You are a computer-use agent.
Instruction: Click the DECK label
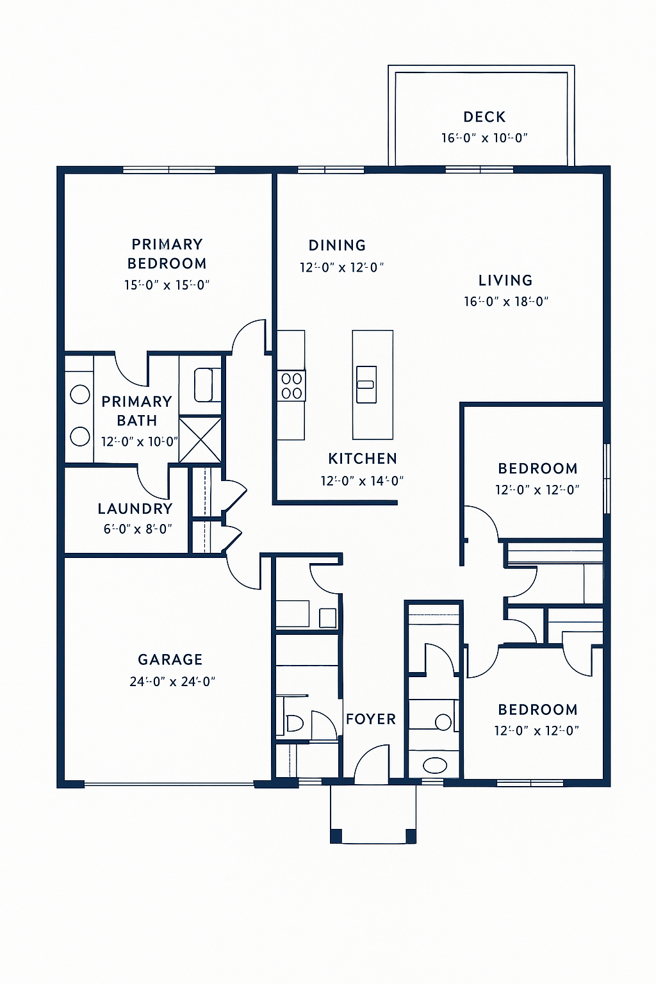tap(484, 117)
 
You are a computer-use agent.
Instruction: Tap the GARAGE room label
tap(170, 659)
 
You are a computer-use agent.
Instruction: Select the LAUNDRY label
tap(135, 509)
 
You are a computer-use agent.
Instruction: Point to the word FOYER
tap(371, 719)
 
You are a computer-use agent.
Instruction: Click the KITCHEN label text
tap(363, 459)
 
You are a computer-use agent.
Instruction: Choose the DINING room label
tap(337, 245)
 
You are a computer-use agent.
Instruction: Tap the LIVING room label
tap(505, 280)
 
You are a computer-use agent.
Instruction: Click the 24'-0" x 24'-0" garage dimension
tap(172, 682)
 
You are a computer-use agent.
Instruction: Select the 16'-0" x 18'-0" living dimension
tap(506, 301)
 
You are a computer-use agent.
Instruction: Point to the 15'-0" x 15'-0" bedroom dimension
tap(167, 285)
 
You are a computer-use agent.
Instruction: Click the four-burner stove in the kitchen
tap(291, 386)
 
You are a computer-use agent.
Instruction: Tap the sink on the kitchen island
tap(366, 384)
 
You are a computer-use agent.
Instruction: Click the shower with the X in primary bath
tap(200, 439)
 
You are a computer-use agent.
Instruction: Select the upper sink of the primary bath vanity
tap(80, 394)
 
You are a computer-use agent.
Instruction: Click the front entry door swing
tap(372, 764)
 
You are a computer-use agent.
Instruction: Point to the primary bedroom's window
tap(169, 170)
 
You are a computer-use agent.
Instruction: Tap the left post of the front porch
tap(336, 836)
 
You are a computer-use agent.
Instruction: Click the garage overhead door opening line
tap(169, 783)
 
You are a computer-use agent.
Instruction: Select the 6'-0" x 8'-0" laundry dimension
tap(138, 529)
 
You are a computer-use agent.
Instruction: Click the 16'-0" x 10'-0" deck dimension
tap(484, 138)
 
